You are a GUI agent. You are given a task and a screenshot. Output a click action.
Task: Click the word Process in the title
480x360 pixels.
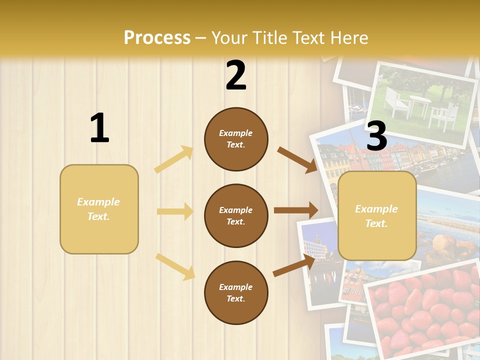(157, 38)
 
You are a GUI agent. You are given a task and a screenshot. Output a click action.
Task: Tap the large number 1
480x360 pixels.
(99, 128)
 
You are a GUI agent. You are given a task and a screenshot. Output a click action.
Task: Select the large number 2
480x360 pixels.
(236, 75)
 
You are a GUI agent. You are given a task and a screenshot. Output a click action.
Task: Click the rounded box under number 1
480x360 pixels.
(99, 209)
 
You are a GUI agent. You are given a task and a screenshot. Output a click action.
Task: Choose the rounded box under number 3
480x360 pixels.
(377, 215)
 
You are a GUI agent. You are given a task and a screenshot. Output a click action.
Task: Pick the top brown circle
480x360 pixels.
(236, 139)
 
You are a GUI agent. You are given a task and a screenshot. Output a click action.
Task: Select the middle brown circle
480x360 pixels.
(236, 215)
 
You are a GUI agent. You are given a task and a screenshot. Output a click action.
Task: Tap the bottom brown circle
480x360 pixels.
(236, 292)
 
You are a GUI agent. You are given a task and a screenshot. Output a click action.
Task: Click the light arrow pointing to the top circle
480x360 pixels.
(174, 159)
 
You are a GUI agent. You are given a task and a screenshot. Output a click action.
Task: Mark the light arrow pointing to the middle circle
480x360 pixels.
(175, 211)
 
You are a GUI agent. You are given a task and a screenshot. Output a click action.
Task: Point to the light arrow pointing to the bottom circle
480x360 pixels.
(175, 266)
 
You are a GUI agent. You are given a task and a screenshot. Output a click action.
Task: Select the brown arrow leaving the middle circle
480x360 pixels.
(296, 210)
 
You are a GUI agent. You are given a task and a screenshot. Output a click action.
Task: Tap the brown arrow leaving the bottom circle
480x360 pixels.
(294, 265)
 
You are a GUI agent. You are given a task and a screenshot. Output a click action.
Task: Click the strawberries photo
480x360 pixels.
(425, 310)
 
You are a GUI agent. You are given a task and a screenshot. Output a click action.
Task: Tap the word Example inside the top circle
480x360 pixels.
(236, 133)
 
